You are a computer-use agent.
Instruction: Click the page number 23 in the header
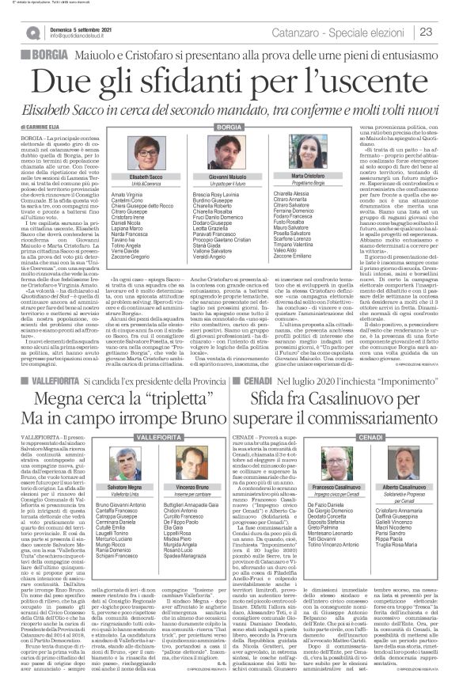coord(426,32)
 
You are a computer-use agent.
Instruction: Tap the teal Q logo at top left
coord(32,32)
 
